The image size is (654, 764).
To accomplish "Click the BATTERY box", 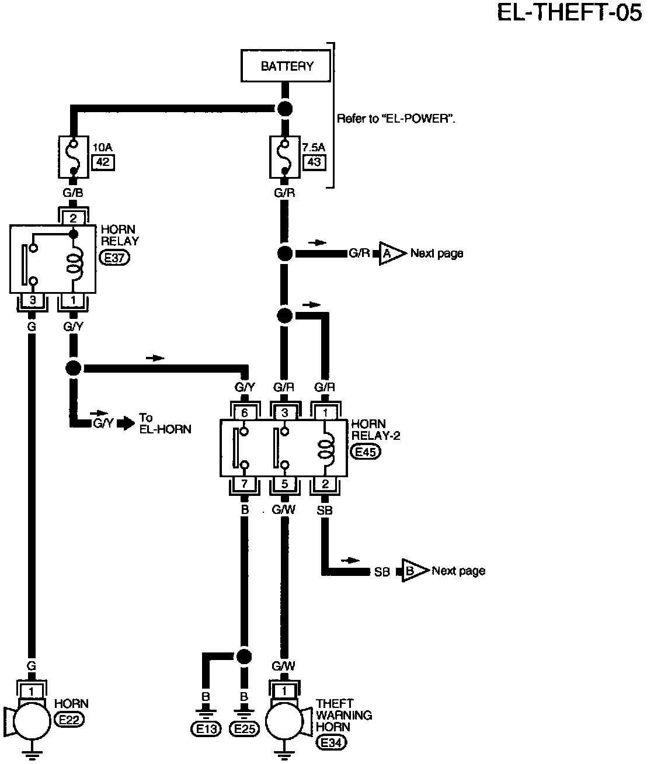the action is click(x=286, y=66).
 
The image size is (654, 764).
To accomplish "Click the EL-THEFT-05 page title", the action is click(x=569, y=13).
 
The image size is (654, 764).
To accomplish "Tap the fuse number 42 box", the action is click(x=103, y=162).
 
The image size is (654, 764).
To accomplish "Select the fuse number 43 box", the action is click(x=314, y=162).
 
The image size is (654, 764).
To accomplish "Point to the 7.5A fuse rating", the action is click(x=314, y=147).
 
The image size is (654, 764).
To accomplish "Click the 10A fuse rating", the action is click(x=102, y=147).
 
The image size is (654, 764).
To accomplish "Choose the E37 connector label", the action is click(x=114, y=258).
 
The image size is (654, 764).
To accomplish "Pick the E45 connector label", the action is click(x=366, y=452).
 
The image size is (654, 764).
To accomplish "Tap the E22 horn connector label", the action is click(x=69, y=720).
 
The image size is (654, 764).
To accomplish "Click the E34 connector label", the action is click(x=331, y=742).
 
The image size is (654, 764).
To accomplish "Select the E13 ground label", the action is click(x=206, y=729).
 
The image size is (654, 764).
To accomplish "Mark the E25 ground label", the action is click(x=244, y=729).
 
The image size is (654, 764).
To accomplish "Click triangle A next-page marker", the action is click(x=392, y=253).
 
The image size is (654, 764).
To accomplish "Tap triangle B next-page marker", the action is click(x=415, y=571).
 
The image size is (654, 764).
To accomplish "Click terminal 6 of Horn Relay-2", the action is click(x=244, y=413).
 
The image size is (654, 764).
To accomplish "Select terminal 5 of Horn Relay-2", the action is click(x=284, y=484).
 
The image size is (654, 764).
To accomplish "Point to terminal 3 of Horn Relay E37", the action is click(x=33, y=300).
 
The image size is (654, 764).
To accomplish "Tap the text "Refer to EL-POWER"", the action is click(x=396, y=119).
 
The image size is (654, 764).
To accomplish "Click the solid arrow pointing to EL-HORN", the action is click(x=126, y=423).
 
